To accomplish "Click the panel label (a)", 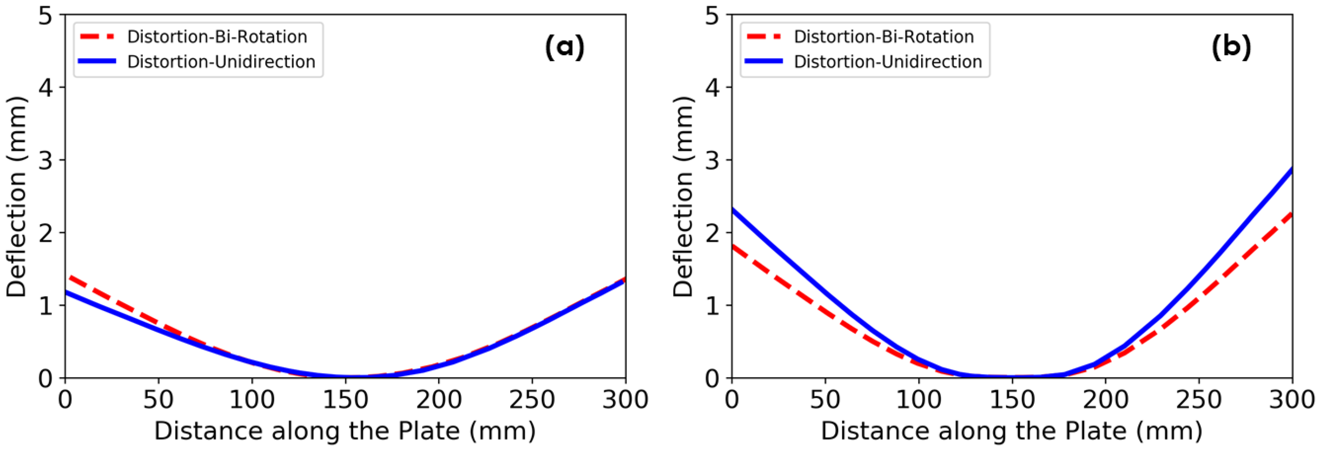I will click(x=564, y=47).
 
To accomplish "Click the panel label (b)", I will click(x=1231, y=47).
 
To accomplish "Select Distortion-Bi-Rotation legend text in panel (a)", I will click(x=217, y=37).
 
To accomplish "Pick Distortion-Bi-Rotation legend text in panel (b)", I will click(x=884, y=37).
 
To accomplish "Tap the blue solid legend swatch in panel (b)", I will click(x=764, y=61).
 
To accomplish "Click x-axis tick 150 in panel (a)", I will click(x=345, y=400).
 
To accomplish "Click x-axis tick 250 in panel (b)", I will click(x=1199, y=400).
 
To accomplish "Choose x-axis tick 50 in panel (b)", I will click(x=825, y=400).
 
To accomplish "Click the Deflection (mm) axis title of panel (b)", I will click(x=683, y=196).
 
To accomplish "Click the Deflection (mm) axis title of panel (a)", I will click(x=16, y=196).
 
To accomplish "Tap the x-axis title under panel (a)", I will click(x=345, y=431).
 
